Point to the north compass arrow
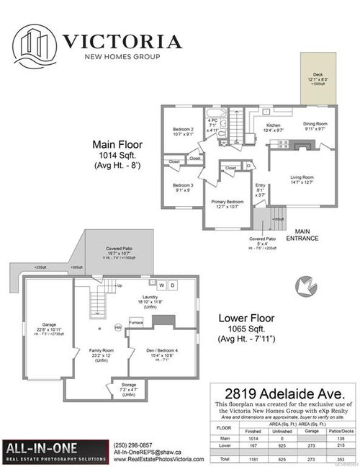point(305,286)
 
